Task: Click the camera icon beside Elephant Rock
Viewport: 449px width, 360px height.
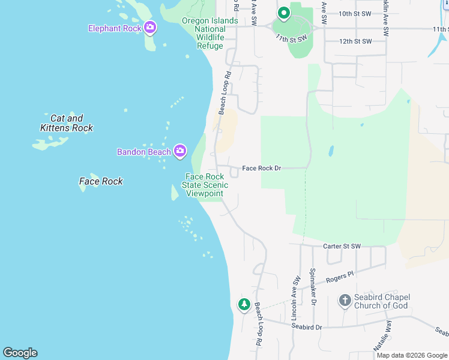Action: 150,28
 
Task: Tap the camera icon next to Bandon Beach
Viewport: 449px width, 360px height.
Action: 179,151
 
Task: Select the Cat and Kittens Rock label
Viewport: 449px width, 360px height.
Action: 67,123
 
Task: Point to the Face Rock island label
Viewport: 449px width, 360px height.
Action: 101,181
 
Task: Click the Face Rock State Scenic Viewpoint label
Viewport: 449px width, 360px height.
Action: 205,185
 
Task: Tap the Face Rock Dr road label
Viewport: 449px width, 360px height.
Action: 262,169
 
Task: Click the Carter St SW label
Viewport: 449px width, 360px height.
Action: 342,246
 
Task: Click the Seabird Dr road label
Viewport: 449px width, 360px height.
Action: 307,327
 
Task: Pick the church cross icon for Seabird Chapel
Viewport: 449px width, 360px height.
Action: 345,301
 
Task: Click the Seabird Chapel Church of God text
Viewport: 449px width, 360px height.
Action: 382,302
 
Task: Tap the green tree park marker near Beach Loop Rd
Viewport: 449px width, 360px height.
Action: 244,305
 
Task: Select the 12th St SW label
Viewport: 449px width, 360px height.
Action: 355,41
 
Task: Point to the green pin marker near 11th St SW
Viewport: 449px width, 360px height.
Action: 283,12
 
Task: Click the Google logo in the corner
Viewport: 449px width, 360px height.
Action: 20,353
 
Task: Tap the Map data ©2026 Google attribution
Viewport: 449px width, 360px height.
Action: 412,355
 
